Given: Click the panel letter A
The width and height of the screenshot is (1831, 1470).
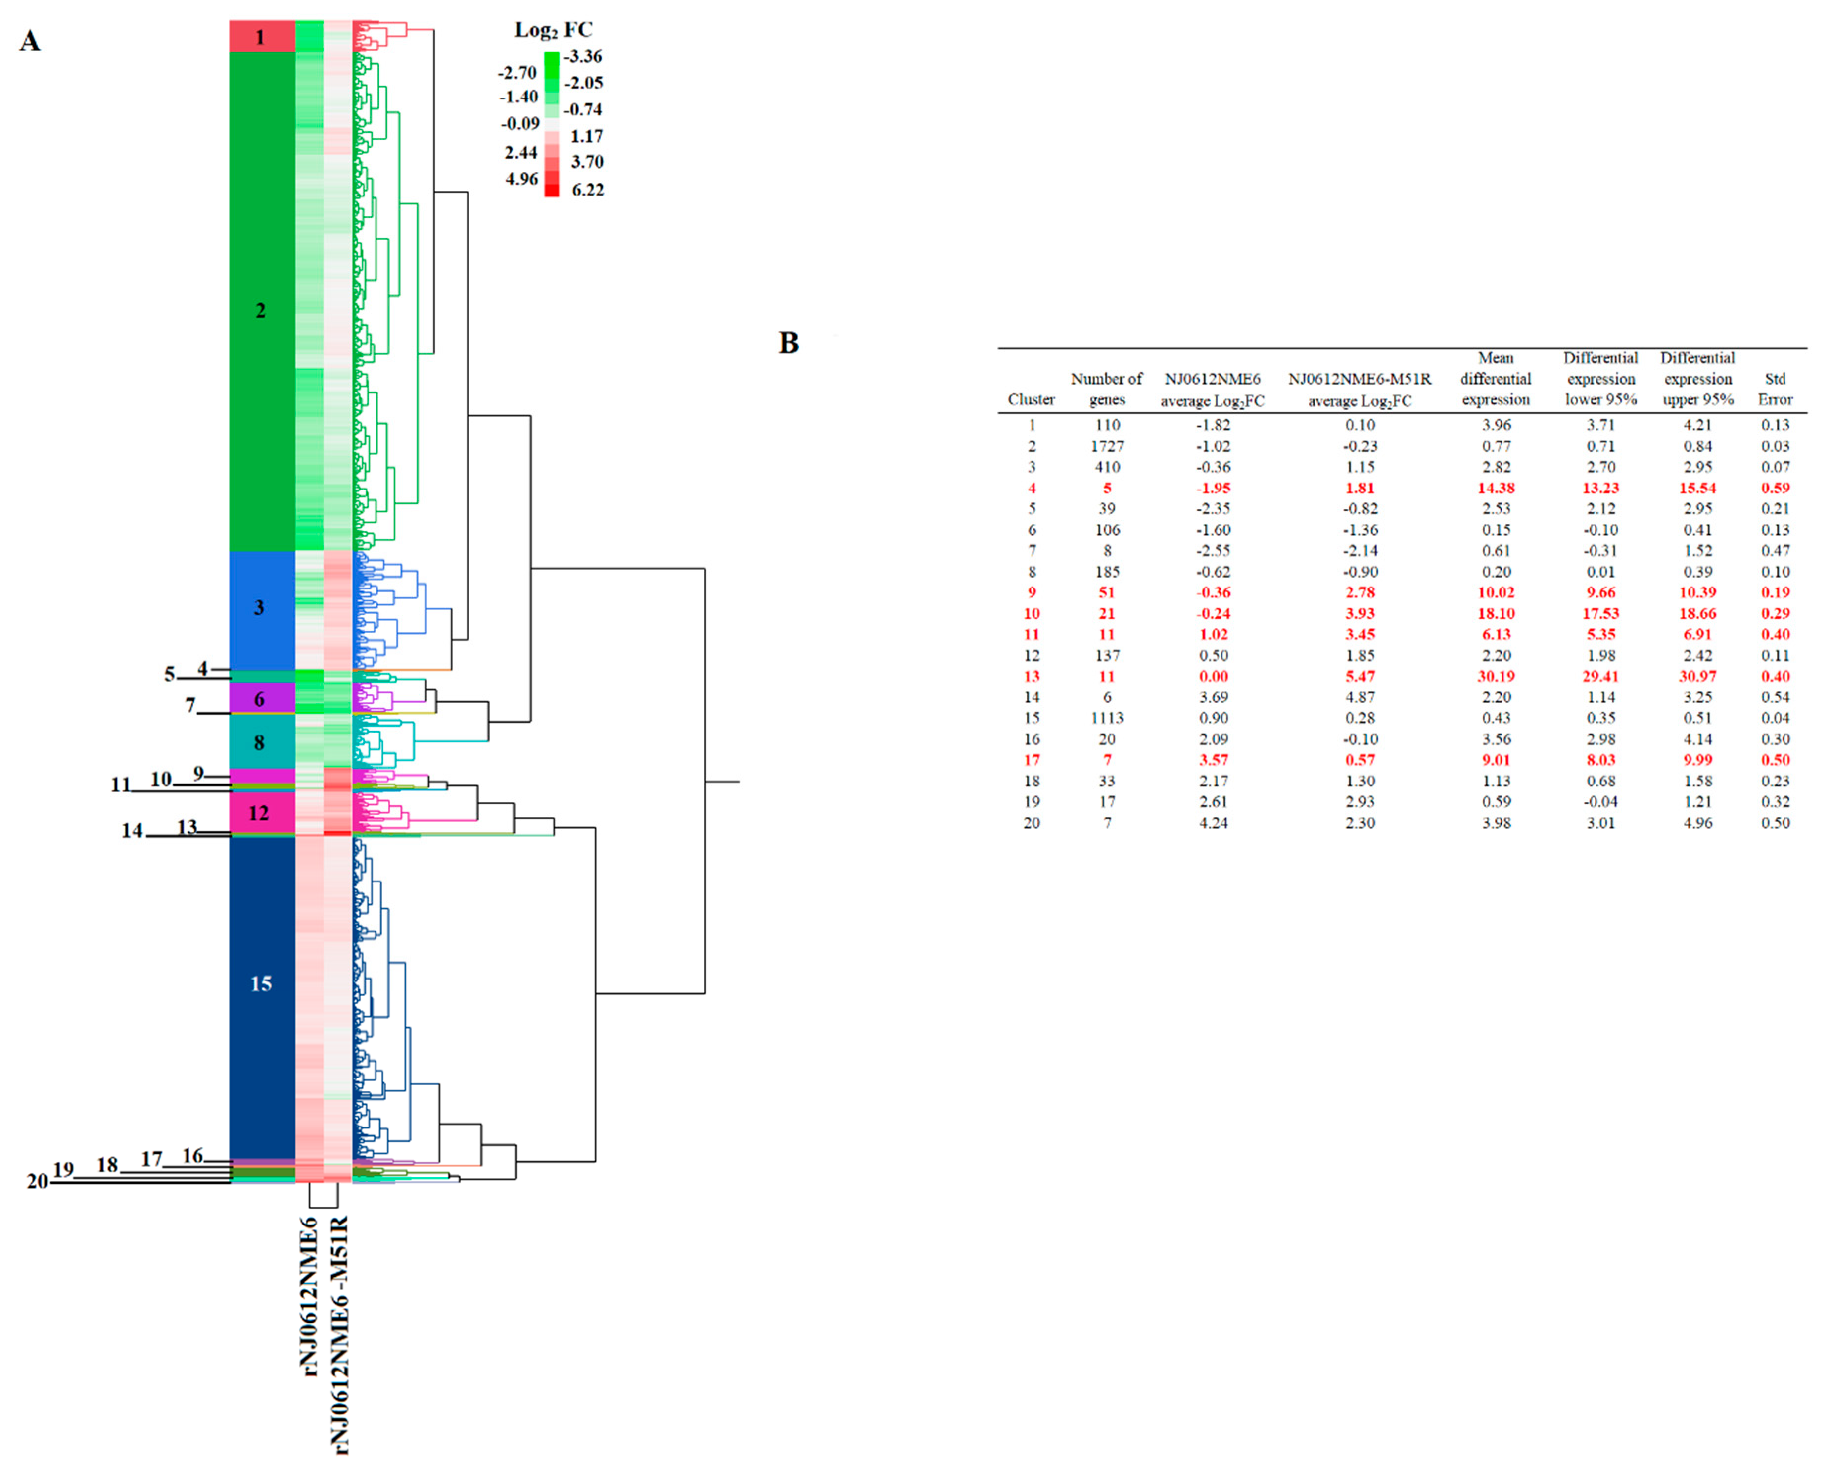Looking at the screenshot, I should tap(31, 41).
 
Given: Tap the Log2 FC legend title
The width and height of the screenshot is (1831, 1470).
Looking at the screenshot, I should tap(553, 31).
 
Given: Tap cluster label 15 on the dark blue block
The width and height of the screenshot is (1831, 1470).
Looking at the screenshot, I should tap(261, 984).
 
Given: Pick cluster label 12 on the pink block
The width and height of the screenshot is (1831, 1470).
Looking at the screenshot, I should tap(258, 813).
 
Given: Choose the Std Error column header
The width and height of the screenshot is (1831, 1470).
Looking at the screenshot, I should tap(1775, 389).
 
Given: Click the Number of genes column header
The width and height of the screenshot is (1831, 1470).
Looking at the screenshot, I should tap(1107, 389).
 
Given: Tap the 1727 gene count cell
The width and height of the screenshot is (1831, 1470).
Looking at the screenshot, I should tap(1107, 446).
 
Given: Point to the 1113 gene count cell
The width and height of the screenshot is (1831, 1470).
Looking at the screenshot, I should tap(1107, 718).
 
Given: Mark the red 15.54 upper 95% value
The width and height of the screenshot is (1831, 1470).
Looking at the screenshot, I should tap(1697, 488).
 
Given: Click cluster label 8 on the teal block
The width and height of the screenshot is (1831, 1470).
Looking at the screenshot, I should tap(259, 742).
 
